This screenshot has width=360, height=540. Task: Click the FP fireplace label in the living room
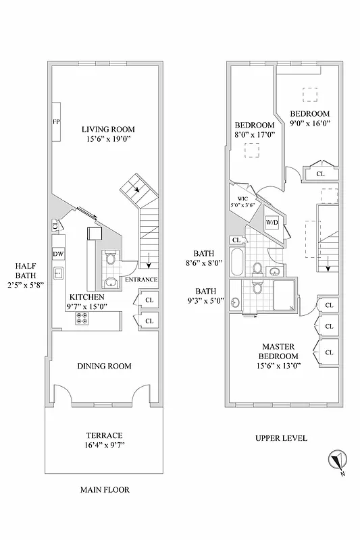point(56,122)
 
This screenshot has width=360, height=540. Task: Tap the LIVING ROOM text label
point(108,130)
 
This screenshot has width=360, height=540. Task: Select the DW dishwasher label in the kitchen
point(58,254)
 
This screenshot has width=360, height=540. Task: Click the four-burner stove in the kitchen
point(82,320)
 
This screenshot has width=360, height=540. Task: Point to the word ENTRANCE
point(141,279)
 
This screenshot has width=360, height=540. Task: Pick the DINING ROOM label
point(104,366)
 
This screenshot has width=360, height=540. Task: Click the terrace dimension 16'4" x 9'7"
point(104,446)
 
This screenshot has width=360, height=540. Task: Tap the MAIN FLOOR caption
point(104,490)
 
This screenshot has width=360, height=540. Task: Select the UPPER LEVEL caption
point(281,438)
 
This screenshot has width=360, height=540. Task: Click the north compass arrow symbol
point(335,462)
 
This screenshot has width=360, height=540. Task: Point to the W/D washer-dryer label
point(272,222)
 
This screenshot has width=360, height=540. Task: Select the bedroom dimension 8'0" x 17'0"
point(255,134)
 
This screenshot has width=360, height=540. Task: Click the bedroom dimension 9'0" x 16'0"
point(309,124)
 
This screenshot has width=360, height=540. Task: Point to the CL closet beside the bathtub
point(236,240)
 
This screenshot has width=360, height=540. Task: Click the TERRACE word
point(104,435)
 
